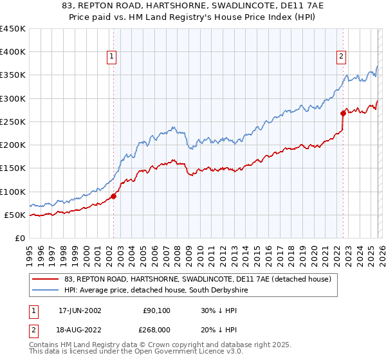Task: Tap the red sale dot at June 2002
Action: click(x=114, y=196)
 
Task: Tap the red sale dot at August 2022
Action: click(x=343, y=114)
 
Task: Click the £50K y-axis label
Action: click(x=15, y=215)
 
